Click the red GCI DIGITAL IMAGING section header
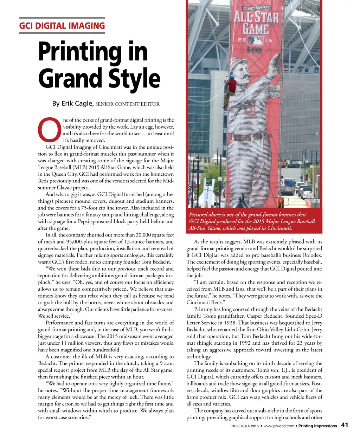62,26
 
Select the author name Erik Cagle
77,104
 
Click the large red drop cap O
50,130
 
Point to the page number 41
345,425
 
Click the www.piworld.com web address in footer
279,426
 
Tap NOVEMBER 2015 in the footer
245,426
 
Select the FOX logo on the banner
255,50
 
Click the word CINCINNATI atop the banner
257,7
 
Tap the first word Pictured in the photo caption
199,215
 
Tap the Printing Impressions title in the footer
317,426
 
